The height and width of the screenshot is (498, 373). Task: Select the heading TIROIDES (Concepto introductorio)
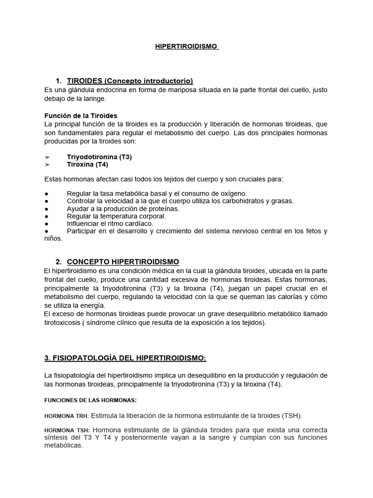click(x=130, y=81)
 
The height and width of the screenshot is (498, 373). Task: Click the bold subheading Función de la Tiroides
click(x=81, y=116)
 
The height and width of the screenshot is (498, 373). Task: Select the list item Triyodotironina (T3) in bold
click(x=99, y=157)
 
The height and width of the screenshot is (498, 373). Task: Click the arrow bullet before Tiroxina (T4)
click(x=47, y=165)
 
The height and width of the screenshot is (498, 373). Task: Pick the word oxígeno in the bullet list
click(x=233, y=193)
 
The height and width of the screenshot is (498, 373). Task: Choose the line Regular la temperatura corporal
click(x=116, y=216)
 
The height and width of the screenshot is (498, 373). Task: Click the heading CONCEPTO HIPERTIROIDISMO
click(x=123, y=262)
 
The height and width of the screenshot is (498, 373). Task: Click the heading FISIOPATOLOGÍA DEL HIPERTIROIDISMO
click(x=125, y=358)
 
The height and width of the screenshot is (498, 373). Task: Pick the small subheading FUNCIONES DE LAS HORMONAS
click(x=90, y=400)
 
